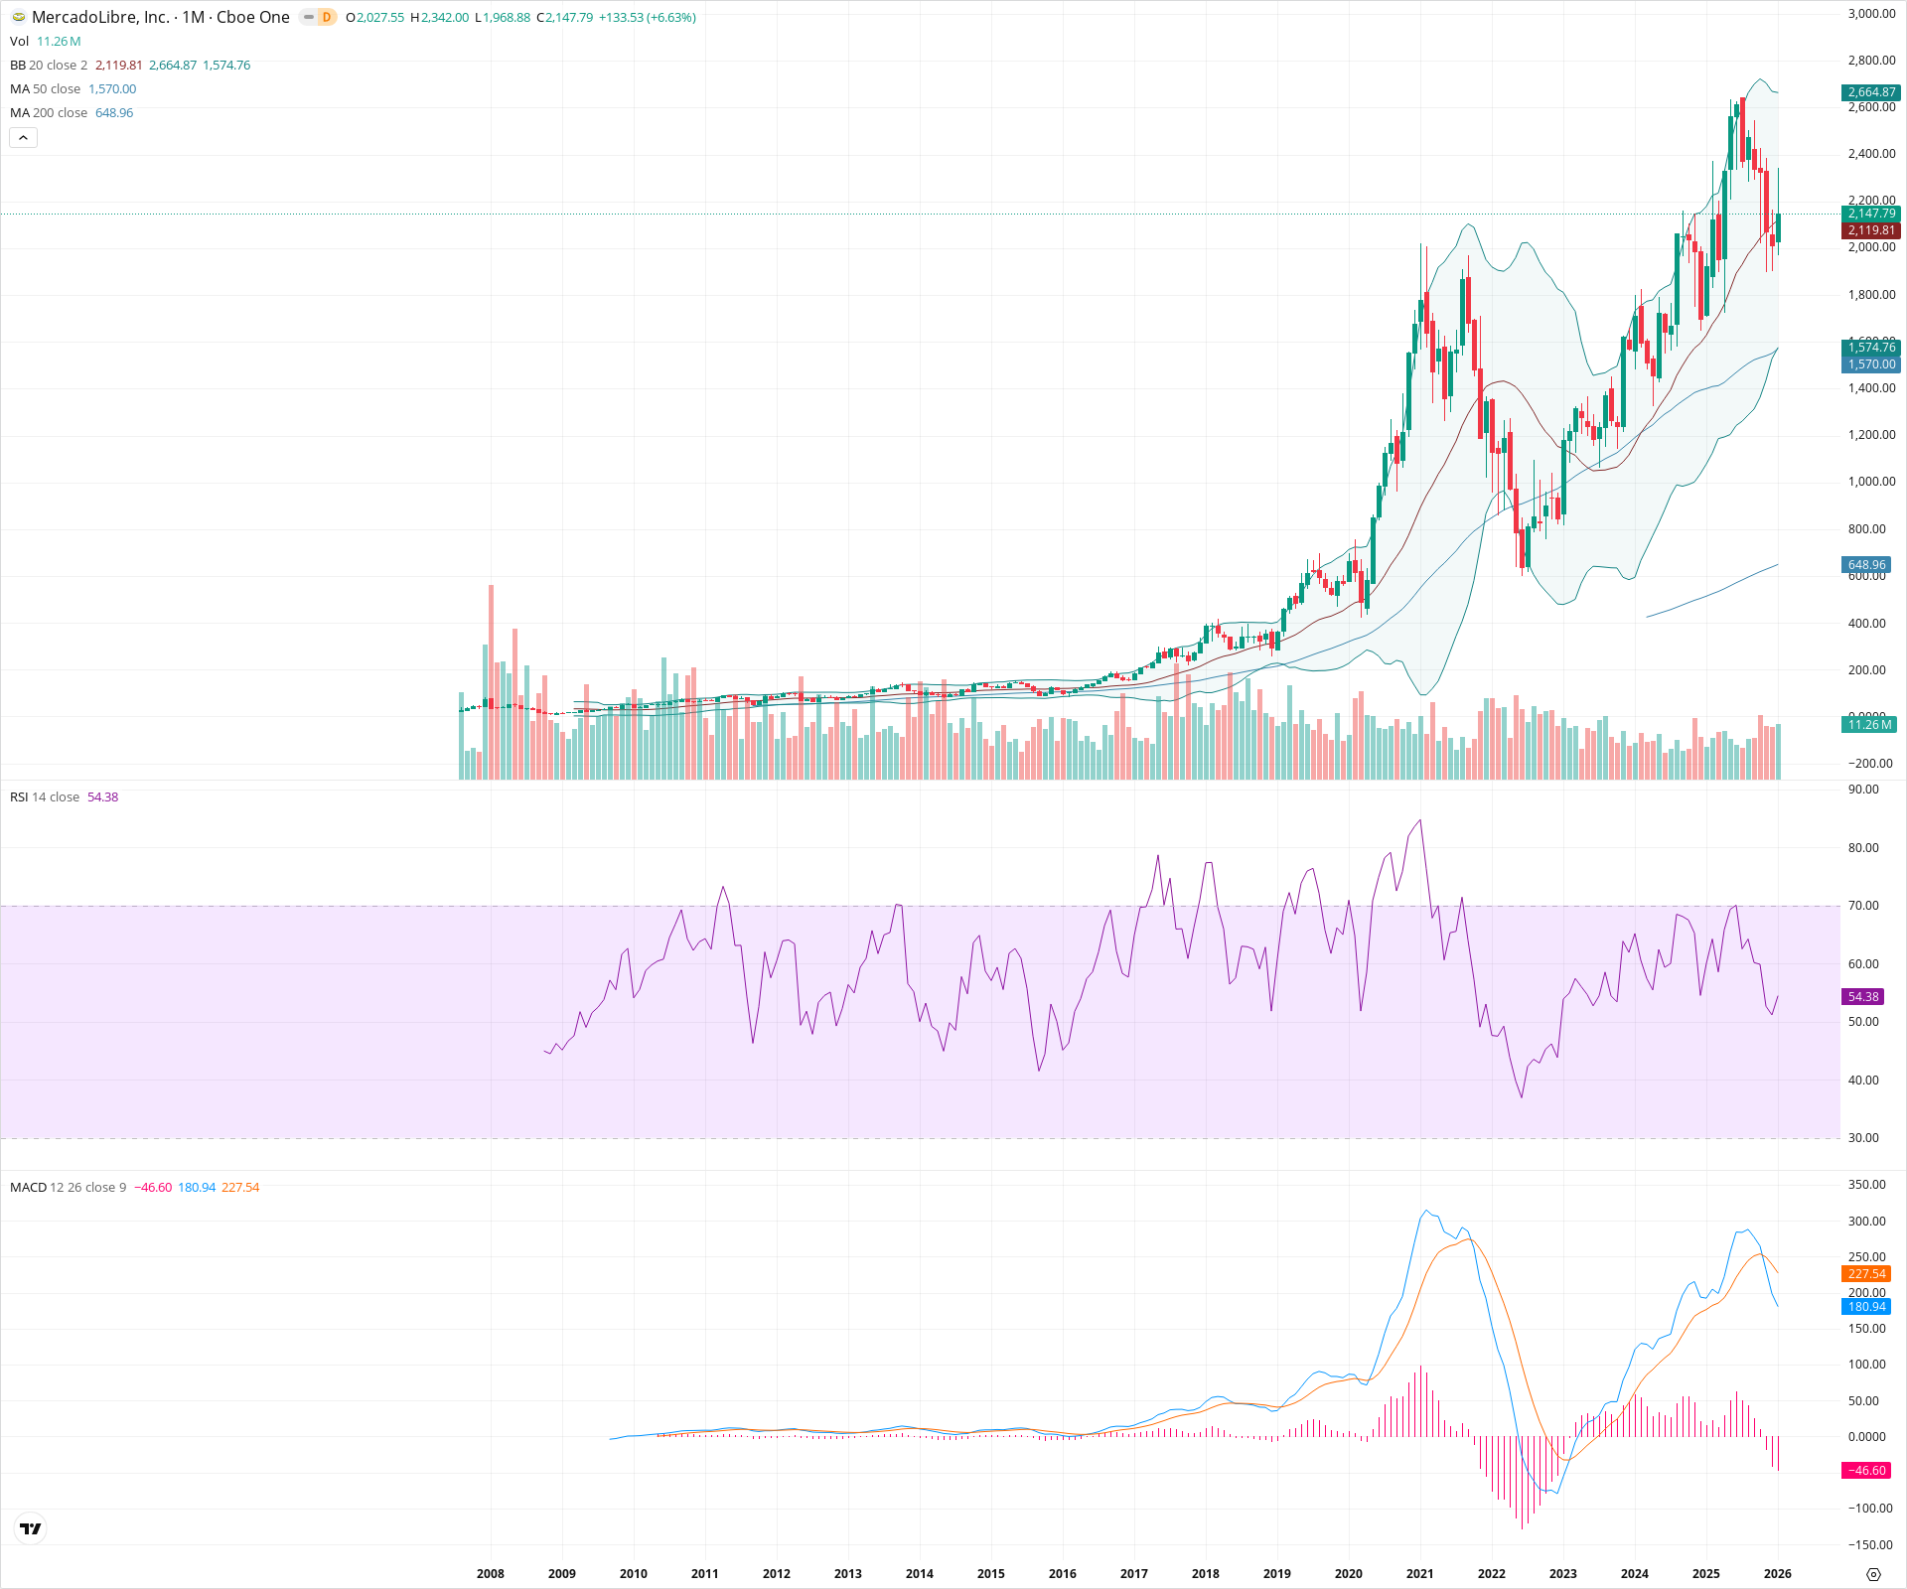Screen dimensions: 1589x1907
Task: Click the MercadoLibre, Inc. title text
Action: (100, 17)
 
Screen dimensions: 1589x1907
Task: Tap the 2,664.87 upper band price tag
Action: (1871, 92)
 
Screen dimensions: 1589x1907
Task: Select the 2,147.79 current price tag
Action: (1871, 214)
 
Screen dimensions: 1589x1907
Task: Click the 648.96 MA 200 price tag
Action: (1866, 565)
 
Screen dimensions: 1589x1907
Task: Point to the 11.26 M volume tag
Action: (1869, 725)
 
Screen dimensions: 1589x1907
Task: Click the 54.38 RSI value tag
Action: (1863, 996)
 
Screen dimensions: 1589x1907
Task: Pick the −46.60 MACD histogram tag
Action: (1865, 1471)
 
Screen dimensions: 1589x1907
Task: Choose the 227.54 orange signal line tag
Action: (1866, 1274)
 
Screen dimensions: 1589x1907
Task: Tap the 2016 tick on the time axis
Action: (1062, 1573)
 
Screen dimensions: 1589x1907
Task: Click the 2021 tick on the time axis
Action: (1419, 1573)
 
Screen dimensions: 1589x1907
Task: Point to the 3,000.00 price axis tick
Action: (1871, 14)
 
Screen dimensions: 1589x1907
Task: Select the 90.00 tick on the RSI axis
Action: (1863, 790)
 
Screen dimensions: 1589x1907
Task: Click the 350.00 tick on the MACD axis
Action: (1866, 1185)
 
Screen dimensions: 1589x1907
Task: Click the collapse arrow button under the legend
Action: (23, 138)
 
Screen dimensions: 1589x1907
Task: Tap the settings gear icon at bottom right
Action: (1873, 1574)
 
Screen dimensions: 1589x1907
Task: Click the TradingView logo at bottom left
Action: (31, 1528)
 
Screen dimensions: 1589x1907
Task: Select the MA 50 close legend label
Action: (46, 89)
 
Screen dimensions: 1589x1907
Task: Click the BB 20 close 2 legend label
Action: (49, 66)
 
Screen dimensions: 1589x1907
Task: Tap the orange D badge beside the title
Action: (326, 17)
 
